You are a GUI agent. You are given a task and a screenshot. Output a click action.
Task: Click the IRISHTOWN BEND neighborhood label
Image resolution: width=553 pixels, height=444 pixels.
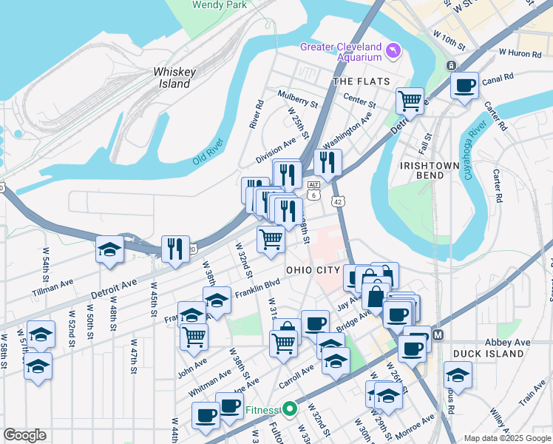[422, 170]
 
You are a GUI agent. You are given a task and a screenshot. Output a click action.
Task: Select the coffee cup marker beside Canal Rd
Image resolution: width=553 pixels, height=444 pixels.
[464, 86]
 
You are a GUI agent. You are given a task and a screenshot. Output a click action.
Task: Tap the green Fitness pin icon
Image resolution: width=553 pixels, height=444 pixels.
[291, 408]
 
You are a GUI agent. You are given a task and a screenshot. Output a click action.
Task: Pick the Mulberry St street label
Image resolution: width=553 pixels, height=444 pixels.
[297, 95]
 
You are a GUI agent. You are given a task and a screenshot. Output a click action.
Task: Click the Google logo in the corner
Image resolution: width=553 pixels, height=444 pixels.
[24, 435]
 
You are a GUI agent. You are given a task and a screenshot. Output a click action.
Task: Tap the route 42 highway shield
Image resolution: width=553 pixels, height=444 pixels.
[338, 202]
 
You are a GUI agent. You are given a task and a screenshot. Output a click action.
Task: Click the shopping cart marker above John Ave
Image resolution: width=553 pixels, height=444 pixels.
[194, 336]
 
